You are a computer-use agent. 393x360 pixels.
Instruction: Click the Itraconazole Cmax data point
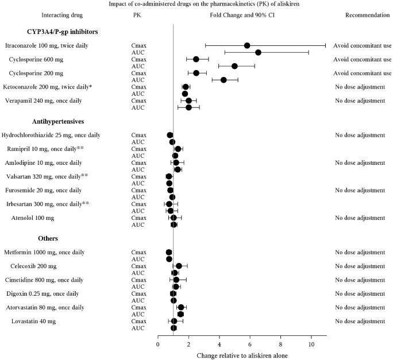pos(247,45)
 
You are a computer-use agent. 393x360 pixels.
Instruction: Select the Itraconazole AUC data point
pos(259,52)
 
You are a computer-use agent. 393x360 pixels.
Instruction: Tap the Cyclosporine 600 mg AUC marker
pos(234,66)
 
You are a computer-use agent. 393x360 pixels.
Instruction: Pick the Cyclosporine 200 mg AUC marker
pos(224,80)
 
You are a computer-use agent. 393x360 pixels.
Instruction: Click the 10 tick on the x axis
pos(311,344)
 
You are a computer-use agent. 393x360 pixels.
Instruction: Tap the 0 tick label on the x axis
pos(158,344)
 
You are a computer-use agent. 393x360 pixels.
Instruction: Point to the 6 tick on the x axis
pos(250,344)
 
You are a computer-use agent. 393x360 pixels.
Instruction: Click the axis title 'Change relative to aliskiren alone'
pos(242,355)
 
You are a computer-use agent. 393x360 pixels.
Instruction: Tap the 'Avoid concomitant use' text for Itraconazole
pos(362,45)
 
